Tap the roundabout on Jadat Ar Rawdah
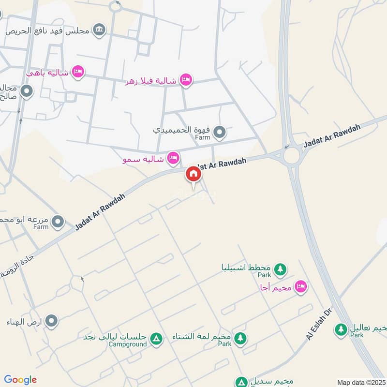292,156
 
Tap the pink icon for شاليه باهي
78,73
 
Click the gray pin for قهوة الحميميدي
220,132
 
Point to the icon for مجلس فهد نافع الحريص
99,30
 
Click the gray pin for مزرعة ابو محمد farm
58,222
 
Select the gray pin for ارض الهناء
51,321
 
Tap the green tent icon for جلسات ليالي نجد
156,339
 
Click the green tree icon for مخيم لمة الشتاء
239,338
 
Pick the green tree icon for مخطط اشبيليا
280,269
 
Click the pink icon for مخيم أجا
301,287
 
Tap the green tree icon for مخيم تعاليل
342,329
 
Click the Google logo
20,380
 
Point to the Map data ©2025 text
361,382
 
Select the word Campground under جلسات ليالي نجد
127,344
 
